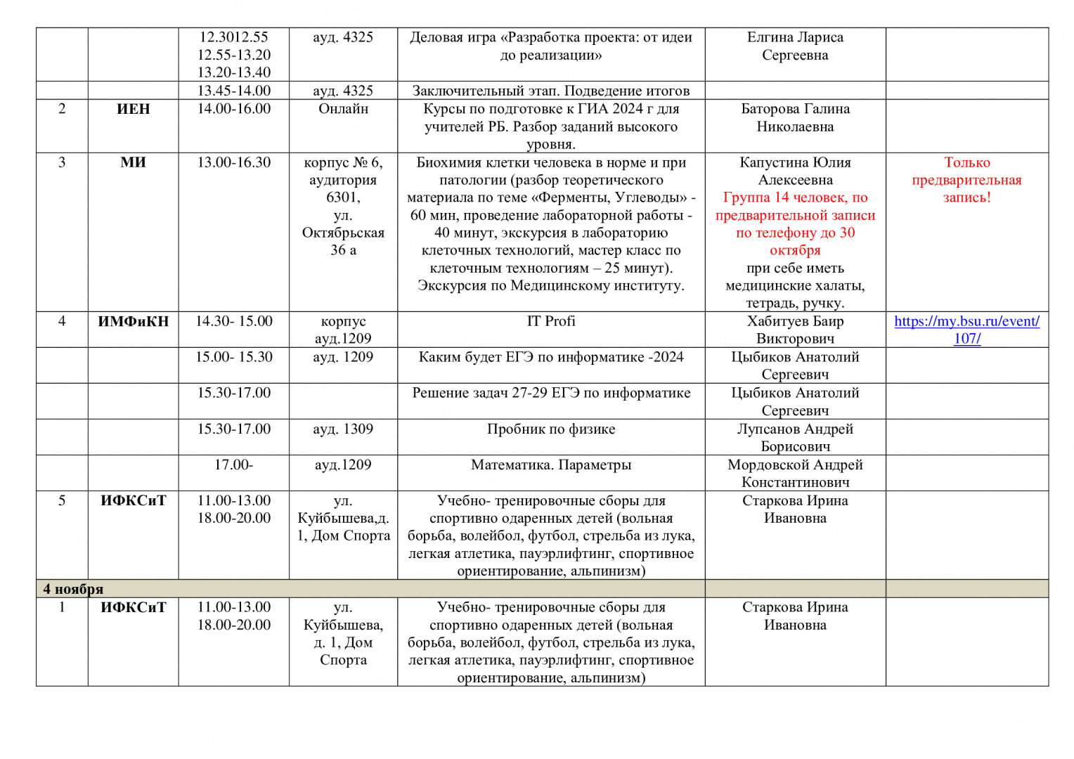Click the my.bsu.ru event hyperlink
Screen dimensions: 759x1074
[966, 330]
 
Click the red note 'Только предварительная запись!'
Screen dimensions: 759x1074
[966, 180]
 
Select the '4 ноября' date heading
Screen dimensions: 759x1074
[73, 589]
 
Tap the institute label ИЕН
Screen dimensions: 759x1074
[133, 109]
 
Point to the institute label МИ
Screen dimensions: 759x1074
[133, 162]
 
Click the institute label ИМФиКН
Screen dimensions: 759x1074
[133, 321]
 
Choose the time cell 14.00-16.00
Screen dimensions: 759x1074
[233, 109]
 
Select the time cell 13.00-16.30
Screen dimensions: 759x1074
[233, 162]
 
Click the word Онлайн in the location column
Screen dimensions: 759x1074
[343, 109]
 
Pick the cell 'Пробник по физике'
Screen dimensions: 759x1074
[551, 429]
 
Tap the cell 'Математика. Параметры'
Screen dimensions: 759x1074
[551, 465]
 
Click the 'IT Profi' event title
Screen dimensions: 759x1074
[551, 321]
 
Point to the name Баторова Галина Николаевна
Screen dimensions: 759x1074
[795, 117]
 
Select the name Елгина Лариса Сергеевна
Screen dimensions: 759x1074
[795, 46]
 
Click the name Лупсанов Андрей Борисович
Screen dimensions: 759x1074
[795, 437]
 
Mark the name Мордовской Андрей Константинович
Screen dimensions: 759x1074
[795, 473]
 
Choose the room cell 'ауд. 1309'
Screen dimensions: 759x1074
[343, 429]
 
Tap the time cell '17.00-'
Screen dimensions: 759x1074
[233, 465]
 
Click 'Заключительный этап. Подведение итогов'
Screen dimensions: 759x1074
[551, 91]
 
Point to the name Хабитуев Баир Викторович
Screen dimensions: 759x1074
[795, 330]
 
